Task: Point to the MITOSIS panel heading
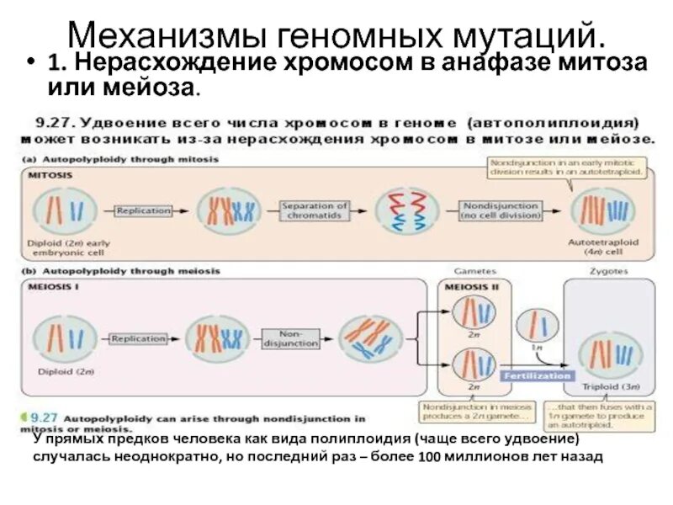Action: [50, 175]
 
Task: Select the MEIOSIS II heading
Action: [469, 287]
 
